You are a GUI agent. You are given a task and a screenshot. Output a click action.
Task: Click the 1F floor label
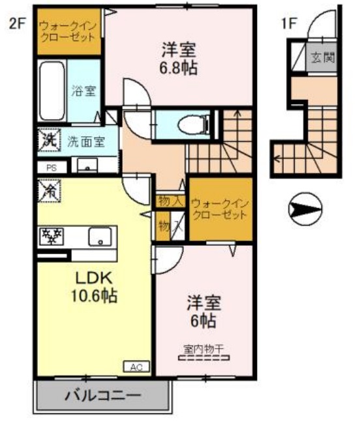[x=288, y=24]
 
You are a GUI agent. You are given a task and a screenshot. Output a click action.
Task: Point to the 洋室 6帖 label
[x=204, y=312]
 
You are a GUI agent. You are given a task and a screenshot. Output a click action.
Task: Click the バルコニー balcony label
[x=102, y=395]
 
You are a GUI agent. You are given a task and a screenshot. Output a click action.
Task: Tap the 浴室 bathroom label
[x=83, y=91]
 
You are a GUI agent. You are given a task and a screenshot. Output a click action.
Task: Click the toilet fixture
[x=190, y=123]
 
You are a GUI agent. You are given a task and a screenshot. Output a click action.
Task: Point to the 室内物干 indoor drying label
[x=202, y=351]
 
